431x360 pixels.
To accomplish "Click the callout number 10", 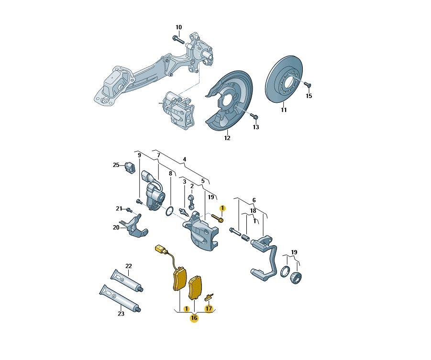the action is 179,27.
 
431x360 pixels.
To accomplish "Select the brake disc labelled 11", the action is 284,80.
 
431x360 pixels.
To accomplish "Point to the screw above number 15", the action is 307,84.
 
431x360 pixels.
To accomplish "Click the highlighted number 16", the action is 194,318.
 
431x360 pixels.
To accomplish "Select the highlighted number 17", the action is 209,309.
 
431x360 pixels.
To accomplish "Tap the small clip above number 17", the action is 210,296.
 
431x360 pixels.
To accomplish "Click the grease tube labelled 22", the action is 127,281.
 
